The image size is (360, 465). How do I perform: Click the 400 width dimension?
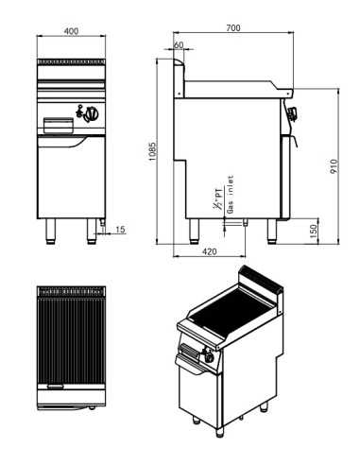(71, 30)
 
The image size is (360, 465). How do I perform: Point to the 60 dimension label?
(180, 45)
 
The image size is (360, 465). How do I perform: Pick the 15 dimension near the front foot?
(120, 229)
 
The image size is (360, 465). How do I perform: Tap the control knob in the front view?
(92, 117)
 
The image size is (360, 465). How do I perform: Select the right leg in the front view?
(93, 231)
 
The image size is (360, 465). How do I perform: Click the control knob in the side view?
(292, 115)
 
